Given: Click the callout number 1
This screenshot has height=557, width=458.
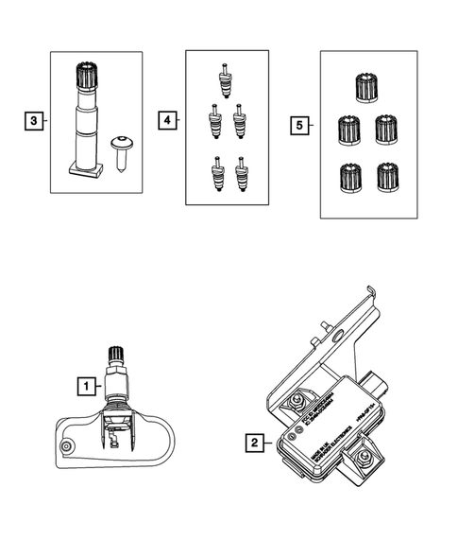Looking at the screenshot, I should click(86, 386).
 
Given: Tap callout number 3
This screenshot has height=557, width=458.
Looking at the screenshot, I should click(33, 121).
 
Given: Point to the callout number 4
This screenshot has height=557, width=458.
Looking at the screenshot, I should click(167, 121).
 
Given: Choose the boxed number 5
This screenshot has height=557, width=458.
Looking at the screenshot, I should click(300, 124).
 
